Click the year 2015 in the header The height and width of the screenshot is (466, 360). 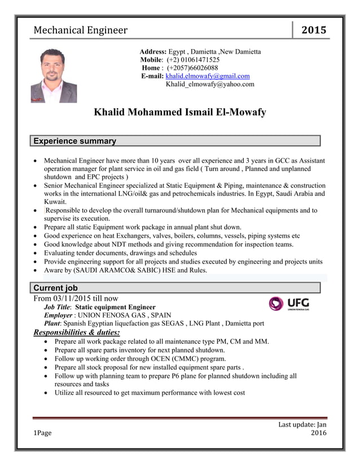click(x=314, y=30)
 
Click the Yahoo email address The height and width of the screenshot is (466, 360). click(x=210, y=84)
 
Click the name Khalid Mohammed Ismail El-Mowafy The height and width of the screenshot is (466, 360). click(x=179, y=112)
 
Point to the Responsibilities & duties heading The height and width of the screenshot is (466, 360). click(x=77, y=333)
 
